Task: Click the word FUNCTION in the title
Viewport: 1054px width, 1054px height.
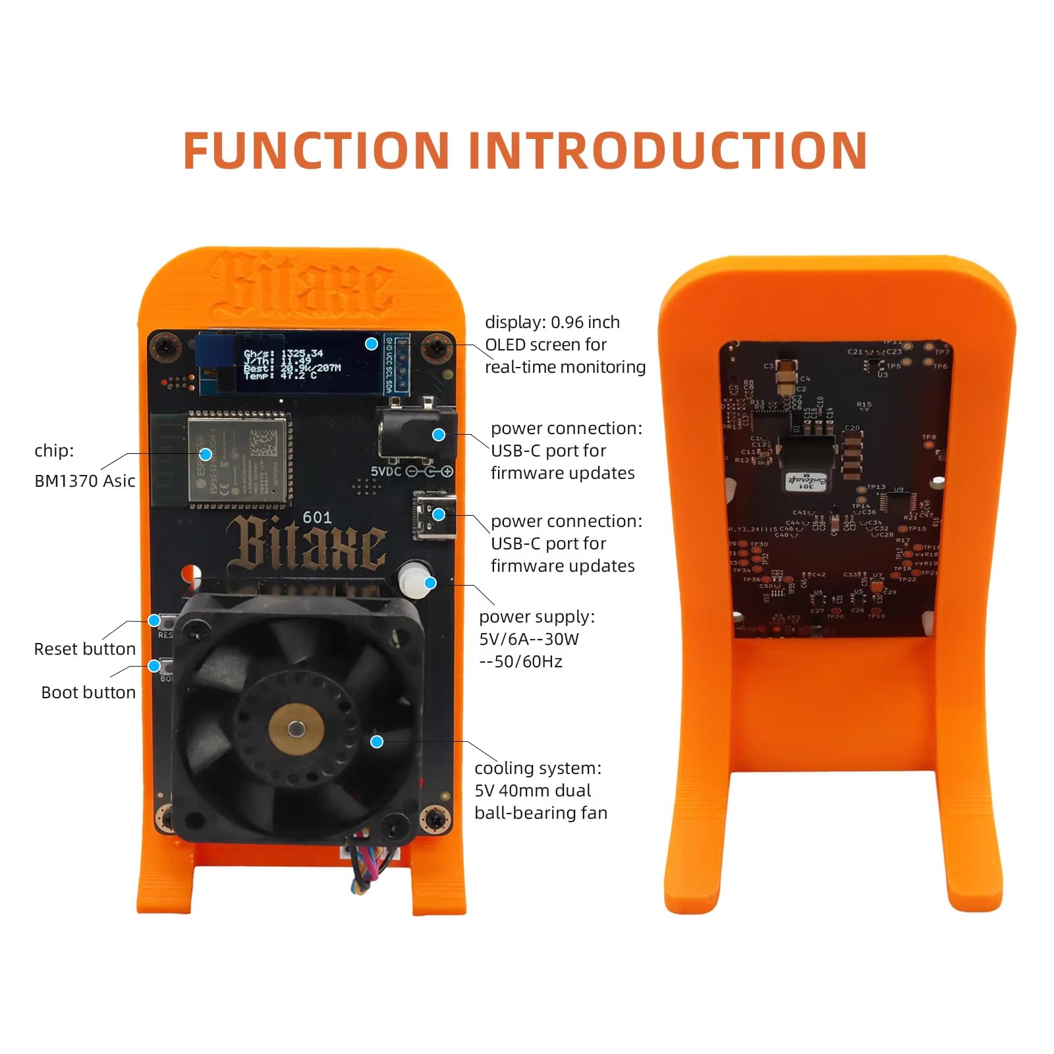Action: (316, 150)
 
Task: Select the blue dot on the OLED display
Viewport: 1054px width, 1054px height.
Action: (372, 344)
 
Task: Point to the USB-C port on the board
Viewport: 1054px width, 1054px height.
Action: (433, 515)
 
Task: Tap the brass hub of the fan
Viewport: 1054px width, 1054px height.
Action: (296, 729)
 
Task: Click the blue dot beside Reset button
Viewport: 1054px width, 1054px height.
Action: (154, 621)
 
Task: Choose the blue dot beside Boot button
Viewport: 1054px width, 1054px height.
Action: (154, 666)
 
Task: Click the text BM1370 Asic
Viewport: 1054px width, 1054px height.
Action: (84, 481)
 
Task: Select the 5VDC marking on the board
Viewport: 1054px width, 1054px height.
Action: (385, 472)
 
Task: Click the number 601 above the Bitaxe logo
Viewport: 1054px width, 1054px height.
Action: (317, 518)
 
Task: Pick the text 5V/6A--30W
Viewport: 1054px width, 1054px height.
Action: (528, 639)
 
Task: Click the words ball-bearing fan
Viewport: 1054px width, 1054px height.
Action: (540, 813)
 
